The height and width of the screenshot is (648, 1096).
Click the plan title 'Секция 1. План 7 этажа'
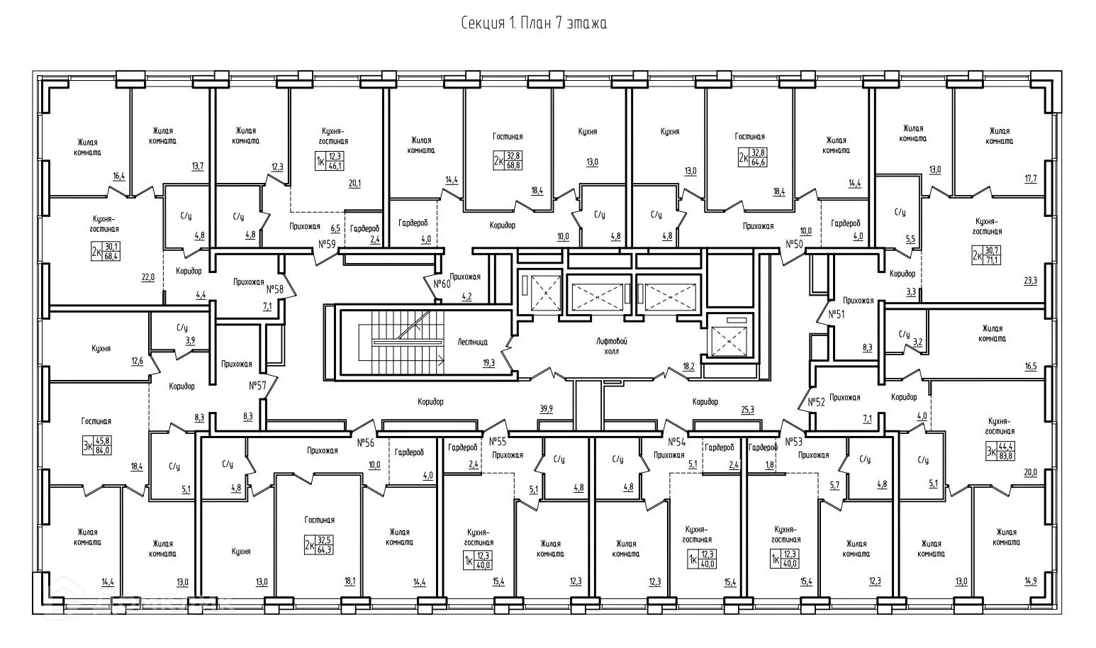tap(534, 23)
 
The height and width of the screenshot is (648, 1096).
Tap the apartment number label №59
tap(328, 244)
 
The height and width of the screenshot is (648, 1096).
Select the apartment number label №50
tap(795, 244)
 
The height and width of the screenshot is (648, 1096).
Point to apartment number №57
tap(257, 386)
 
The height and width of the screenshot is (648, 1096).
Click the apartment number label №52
tap(816, 402)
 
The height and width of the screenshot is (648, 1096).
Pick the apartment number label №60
tap(442, 284)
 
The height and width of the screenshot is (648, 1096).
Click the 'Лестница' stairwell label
tap(472, 342)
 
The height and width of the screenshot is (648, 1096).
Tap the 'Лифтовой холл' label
tap(612, 346)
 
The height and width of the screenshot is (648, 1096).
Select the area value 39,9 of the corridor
tap(546, 409)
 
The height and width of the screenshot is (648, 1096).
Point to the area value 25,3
tap(747, 410)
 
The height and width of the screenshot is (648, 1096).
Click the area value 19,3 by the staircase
tap(488, 363)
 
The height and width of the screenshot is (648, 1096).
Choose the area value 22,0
tap(147, 277)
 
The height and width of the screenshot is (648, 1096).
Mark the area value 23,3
tap(1030, 281)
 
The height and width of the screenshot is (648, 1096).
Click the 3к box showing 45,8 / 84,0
tap(97, 446)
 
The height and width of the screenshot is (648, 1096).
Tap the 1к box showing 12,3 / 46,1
tap(330, 161)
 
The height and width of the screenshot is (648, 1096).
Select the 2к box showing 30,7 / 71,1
tap(986, 255)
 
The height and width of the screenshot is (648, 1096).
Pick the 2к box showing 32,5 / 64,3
tap(319, 544)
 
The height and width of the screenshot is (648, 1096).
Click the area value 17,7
tap(1031, 179)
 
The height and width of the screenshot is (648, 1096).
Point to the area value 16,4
tap(119, 177)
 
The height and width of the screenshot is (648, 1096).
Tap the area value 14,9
tap(1031, 581)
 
